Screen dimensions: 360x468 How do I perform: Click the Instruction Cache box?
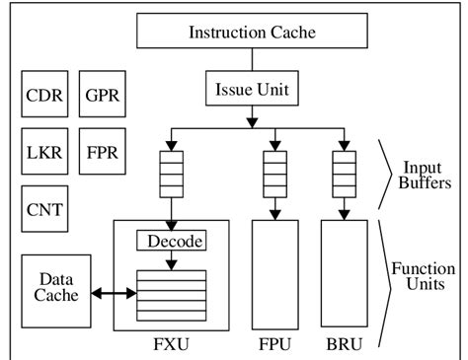[x=252, y=33]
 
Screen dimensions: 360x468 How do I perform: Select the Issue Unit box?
[x=252, y=91]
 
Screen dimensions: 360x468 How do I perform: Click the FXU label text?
[x=173, y=347]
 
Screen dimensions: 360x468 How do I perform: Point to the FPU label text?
[x=274, y=347]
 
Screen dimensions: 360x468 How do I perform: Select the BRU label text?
[x=345, y=347]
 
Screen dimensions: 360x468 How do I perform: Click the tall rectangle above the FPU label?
[x=274, y=275]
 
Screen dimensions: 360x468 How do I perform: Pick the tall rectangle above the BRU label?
[x=345, y=275]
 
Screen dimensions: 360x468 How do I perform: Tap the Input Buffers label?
[x=422, y=176]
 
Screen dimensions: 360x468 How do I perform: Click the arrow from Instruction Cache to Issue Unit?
[x=252, y=60]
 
